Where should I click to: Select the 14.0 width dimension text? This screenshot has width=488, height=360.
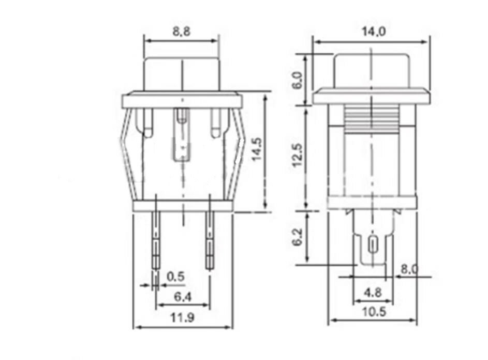click(x=372, y=32)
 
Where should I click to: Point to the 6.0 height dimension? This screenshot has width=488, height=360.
click(x=297, y=80)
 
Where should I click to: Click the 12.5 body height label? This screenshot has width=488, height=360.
click(x=297, y=156)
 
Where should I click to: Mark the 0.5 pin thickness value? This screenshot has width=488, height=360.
click(x=175, y=277)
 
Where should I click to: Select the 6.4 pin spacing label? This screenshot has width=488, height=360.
click(x=183, y=297)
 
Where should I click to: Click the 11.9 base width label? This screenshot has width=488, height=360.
click(x=182, y=319)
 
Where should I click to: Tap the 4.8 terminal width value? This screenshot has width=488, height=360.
click(x=372, y=293)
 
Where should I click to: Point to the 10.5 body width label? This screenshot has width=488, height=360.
click(x=372, y=312)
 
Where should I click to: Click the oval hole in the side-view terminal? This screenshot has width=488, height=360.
click(x=372, y=245)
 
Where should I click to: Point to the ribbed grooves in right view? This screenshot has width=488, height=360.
click(x=372, y=119)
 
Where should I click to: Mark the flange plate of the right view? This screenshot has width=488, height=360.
click(x=372, y=96)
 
